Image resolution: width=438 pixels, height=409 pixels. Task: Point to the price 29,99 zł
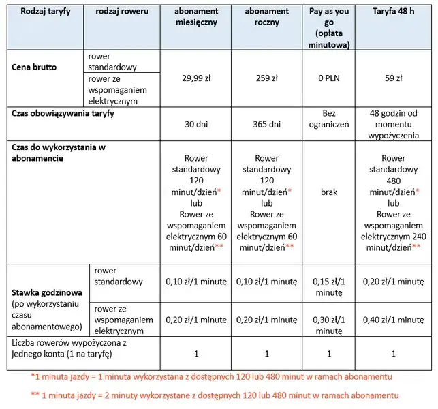(x=196, y=78)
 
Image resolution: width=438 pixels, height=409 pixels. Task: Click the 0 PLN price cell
(x=328, y=78)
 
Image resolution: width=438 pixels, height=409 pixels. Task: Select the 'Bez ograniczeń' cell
(x=328, y=119)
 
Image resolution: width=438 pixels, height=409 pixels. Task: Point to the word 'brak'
(x=328, y=192)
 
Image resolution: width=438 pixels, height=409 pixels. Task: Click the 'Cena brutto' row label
(x=34, y=67)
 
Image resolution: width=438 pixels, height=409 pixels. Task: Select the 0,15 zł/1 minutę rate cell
(x=328, y=286)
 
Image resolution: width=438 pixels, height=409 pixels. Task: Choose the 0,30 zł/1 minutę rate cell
(x=328, y=319)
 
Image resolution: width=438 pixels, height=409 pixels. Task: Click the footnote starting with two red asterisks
(x=214, y=395)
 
